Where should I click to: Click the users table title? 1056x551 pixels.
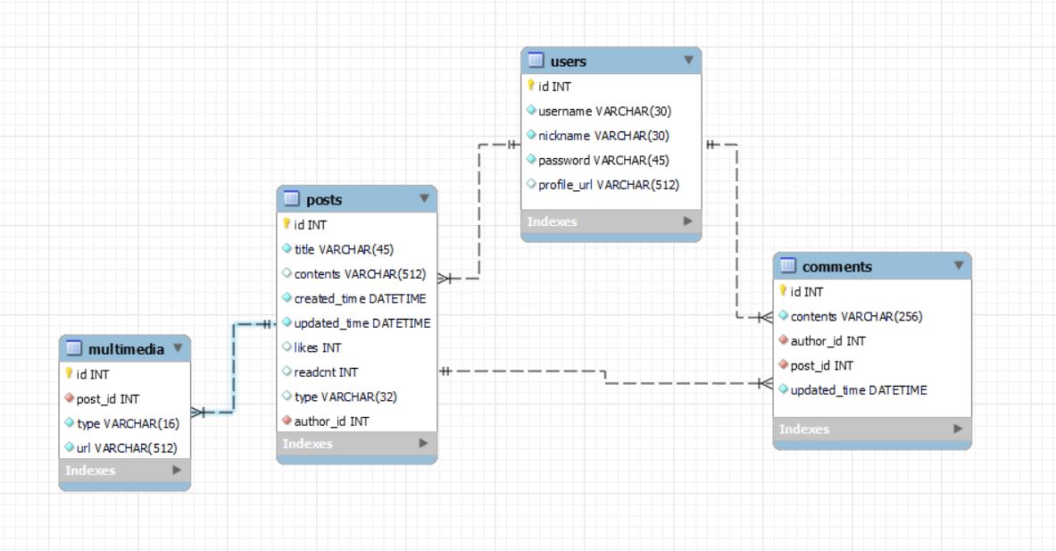click(568, 62)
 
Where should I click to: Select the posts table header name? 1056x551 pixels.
click(324, 199)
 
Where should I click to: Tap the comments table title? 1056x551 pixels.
click(837, 267)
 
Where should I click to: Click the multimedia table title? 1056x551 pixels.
click(126, 349)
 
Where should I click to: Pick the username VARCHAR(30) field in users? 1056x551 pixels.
click(605, 111)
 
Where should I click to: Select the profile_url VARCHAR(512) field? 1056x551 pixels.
click(609, 185)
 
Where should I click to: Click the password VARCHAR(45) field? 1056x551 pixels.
click(603, 161)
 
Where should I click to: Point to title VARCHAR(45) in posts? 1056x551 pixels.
click(344, 249)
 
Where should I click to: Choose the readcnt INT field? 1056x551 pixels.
click(326, 372)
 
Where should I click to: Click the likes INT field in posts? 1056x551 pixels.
click(317, 347)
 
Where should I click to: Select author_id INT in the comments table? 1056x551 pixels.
click(827, 341)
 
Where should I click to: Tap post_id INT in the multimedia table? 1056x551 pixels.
click(108, 399)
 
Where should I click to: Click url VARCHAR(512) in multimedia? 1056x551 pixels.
click(127, 448)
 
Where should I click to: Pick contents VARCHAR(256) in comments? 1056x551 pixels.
click(856, 317)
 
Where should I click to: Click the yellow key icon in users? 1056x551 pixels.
click(531, 86)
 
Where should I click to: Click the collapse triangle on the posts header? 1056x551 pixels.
click(424, 198)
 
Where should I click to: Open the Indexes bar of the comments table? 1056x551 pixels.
click(872, 429)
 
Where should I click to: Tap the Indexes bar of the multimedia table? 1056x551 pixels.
click(125, 470)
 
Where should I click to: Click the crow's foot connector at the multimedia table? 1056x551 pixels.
click(198, 413)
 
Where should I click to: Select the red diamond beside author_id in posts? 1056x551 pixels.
click(287, 421)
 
